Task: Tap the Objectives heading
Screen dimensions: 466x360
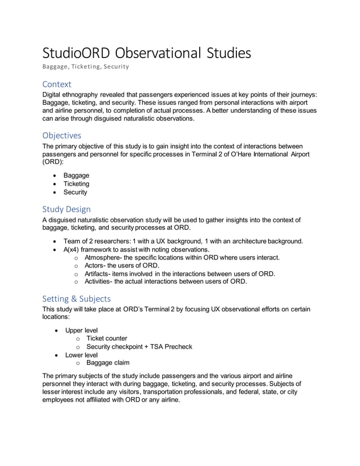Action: (62, 135)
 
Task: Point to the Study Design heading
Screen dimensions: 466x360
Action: (67, 209)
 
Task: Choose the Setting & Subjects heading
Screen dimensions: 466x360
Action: (77, 298)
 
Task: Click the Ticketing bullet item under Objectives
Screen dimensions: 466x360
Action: (76, 184)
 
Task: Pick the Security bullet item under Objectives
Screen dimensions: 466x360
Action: (75, 192)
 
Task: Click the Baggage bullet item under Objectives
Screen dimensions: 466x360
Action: (76, 175)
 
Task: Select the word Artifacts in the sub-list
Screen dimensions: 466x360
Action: (99, 274)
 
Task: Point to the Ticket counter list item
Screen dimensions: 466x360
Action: (107, 338)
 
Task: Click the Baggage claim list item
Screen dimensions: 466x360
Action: (108, 363)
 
